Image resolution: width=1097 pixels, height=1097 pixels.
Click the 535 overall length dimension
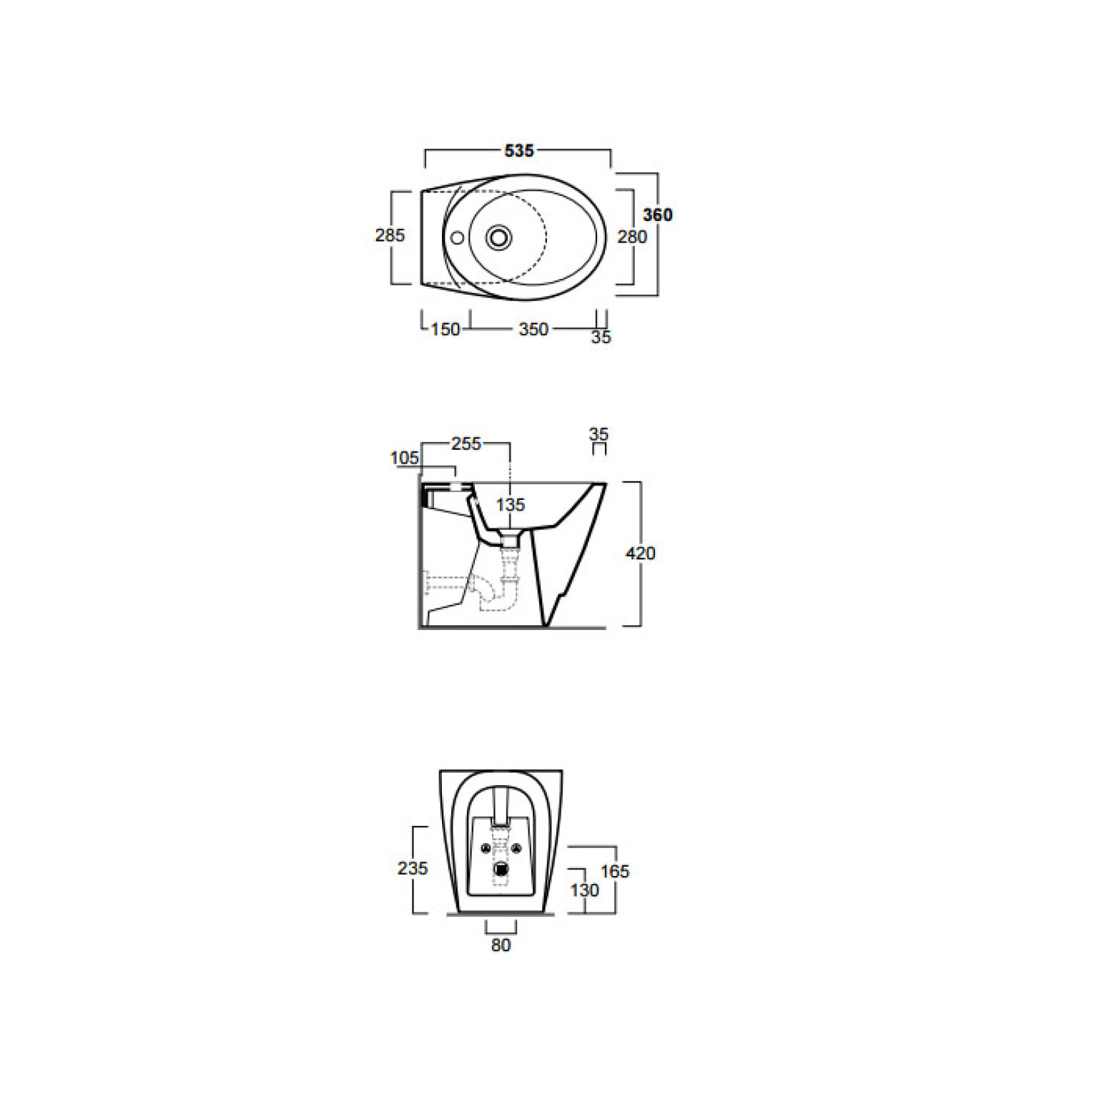coord(519,151)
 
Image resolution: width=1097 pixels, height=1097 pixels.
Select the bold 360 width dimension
coord(657,215)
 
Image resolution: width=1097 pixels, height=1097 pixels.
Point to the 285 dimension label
coord(390,235)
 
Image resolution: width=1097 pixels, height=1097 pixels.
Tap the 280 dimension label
coord(632,237)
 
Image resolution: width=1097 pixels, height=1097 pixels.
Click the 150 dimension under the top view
coord(446,330)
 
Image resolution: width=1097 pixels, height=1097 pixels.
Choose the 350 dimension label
coord(533,330)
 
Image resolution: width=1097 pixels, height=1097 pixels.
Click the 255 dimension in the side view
coord(466,444)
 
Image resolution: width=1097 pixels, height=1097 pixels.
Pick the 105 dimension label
coord(405,458)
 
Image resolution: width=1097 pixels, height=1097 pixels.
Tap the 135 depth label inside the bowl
coord(511,505)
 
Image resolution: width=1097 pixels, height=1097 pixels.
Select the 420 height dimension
coord(640,554)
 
